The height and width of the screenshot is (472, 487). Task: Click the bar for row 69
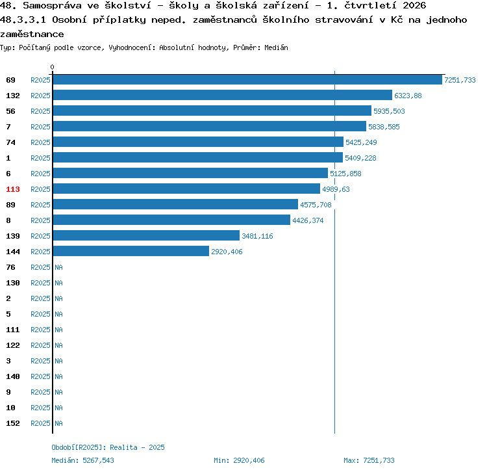tap(247, 79)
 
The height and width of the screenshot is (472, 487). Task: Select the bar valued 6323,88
tap(222, 95)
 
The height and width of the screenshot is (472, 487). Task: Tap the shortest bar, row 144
tap(131, 251)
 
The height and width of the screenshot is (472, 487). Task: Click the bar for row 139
tap(146, 236)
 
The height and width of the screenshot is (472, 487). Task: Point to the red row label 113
tap(13, 189)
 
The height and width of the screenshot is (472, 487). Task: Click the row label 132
tap(13, 96)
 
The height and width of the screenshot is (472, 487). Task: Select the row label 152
tap(13, 423)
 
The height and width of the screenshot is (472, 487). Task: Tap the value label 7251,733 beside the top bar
tap(460, 80)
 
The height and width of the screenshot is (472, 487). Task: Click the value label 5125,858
tap(345, 174)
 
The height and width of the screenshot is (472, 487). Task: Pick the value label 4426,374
tap(308, 220)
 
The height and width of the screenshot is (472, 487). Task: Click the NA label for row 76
tap(58, 267)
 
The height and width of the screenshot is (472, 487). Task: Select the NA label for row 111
tap(58, 330)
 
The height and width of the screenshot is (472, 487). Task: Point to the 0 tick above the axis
tap(52, 67)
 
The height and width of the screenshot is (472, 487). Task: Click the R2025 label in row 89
tap(40, 205)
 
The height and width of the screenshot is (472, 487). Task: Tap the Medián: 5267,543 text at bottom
tap(82, 460)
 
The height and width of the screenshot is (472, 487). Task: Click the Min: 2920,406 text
tap(239, 460)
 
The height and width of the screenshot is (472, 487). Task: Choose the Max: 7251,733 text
tap(369, 460)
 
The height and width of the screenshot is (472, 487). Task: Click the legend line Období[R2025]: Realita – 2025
tap(108, 447)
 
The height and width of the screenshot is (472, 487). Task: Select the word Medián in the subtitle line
tap(276, 47)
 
